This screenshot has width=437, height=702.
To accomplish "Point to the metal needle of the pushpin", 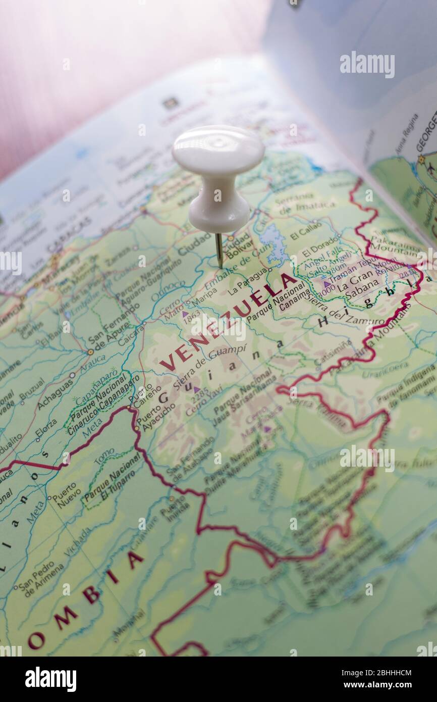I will (x=219, y=250).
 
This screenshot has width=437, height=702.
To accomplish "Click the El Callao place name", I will (x=306, y=231).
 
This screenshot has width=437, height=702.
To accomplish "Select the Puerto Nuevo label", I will (x=66, y=493).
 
